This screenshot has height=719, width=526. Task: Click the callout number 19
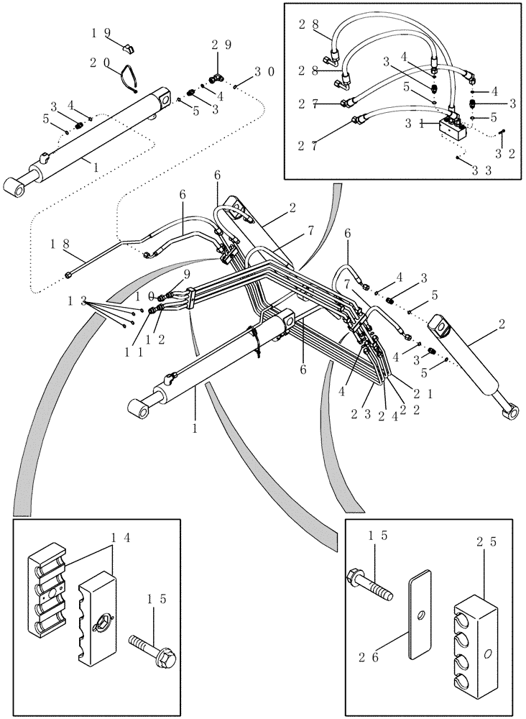click(x=101, y=33)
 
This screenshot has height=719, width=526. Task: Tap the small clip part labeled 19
click(x=129, y=49)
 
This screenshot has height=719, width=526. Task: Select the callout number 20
click(x=101, y=63)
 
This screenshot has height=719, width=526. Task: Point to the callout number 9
click(x=187, y=274)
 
